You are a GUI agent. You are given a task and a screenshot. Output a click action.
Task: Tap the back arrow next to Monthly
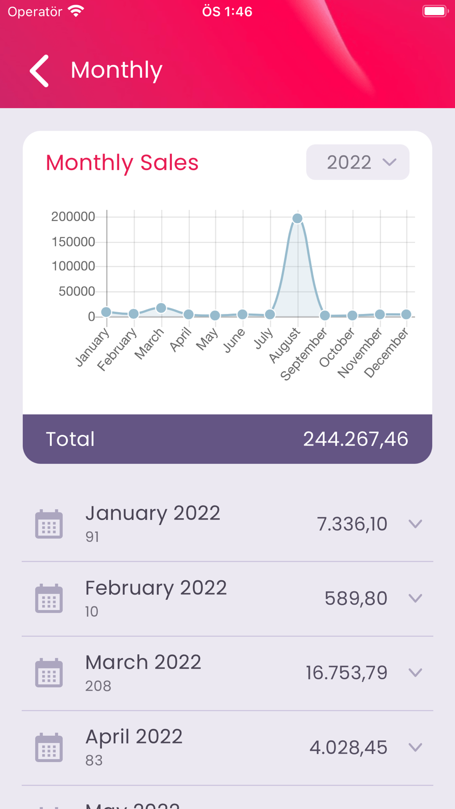click(40, 71)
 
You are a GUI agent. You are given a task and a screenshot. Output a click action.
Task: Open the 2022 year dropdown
click(358, 162)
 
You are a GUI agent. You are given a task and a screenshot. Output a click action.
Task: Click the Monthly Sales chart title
click(122, 162)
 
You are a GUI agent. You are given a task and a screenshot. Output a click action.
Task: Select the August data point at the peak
click(297, 218)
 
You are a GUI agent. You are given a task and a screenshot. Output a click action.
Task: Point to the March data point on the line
click(161, 308)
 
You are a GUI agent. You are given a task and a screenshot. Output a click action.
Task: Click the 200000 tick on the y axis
click(73, 217)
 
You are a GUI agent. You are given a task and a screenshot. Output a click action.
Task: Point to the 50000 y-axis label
click(76, 291)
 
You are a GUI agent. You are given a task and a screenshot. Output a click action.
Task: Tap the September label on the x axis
click(304, 355)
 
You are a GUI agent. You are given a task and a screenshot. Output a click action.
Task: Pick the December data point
click(406, 314)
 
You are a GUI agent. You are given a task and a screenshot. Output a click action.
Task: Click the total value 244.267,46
click(355, 439)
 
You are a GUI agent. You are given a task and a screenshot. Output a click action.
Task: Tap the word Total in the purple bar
click(71, 439)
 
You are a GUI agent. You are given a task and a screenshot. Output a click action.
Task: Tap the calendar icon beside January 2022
click(49, 524)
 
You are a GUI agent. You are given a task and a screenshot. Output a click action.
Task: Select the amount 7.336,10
click(352, 524)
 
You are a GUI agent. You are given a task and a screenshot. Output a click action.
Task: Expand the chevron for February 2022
click(415, 598)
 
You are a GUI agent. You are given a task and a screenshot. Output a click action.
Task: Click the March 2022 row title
click(143, 662)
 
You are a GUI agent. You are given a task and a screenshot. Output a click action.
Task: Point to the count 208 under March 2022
click(98, 686)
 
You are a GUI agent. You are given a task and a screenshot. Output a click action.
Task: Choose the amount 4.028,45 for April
click(348, 748)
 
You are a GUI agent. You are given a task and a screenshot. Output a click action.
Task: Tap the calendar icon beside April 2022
click(49, 748)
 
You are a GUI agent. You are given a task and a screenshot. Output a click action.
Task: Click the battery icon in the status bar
click(435, 11)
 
